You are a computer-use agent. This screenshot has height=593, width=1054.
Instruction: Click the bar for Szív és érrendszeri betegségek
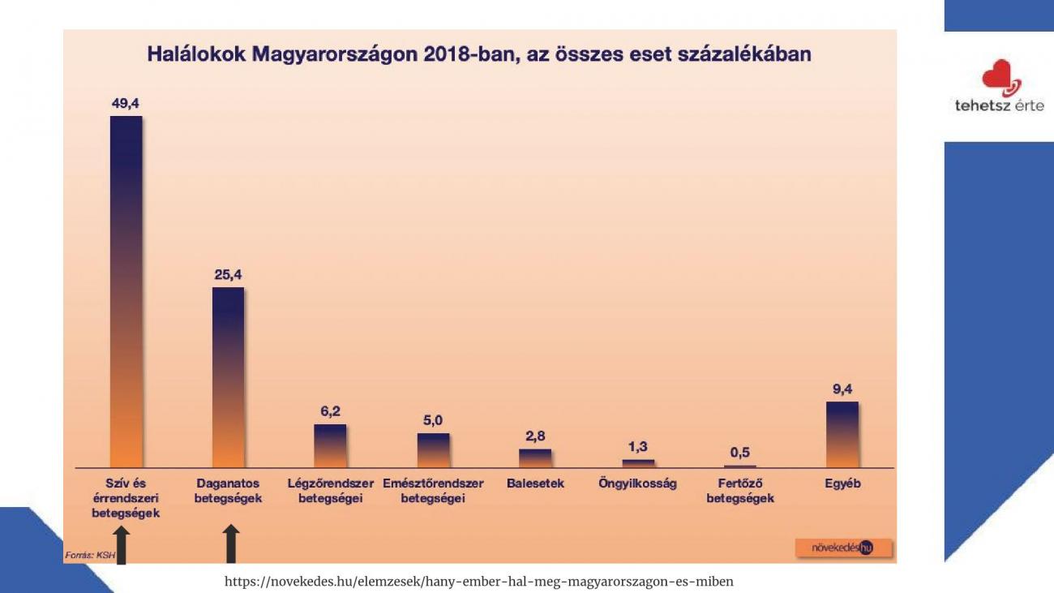[x=126, y=292]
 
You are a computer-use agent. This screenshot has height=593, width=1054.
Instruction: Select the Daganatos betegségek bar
[x=228, y=377]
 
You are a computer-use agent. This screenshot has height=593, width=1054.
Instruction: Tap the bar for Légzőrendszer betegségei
[x=330, y=445]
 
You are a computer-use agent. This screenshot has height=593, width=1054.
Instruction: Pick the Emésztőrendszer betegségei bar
[x=433, y=450]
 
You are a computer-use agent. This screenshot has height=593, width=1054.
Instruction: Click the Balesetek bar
[x=535, y=458]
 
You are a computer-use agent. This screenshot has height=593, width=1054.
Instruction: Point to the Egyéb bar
[x=842, y=434]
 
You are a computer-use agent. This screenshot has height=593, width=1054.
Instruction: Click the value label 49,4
[x=126, y=104]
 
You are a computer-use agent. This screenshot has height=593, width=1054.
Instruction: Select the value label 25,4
[x=228, y=275]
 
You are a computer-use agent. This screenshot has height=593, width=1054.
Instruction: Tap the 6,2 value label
[x=330, y=411]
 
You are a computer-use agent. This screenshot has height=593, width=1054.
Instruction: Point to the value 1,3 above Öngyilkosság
[x=637, y=447]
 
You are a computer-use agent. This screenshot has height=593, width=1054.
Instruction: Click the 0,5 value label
[x=739, y=453]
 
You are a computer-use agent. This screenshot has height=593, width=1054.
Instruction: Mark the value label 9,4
[x=842, y=389]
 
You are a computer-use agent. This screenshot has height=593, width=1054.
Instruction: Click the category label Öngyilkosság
[x=637, y=483]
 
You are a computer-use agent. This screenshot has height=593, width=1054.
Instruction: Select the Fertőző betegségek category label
[x=739, y=491]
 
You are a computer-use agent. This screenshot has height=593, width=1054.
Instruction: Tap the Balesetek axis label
[x=535, y=483]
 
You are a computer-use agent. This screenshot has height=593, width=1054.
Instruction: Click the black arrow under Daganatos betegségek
[x=231, y=544]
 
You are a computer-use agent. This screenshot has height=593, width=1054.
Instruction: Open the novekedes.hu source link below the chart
[x=478, y=581]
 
